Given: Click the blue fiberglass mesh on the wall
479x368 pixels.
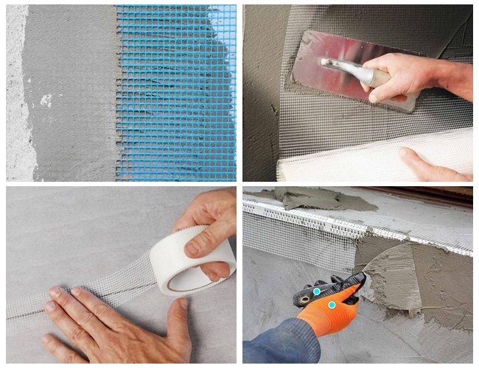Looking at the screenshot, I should click(x=177, y=88).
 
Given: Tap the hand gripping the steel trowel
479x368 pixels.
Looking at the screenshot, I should click(x=413, y=77).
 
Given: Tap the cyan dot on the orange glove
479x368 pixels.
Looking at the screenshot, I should click(x=332, y=305).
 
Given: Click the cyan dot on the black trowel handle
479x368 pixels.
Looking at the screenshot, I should click(x=316, y=291).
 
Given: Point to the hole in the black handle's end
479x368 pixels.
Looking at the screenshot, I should click(x=303, y=300).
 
